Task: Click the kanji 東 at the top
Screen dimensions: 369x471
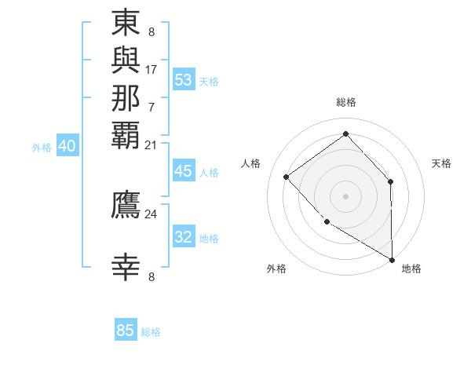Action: pyautogui.click(x=126, y=23)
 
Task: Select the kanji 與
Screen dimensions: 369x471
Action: pyautogui.click(x=126, y=60)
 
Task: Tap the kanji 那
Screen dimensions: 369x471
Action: pyautogui.click(x=126, y=97)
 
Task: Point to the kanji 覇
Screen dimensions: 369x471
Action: pyautogui.click(x=126, y=135)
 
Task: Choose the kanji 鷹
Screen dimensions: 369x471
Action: pyautogui.click(x=126, y=204)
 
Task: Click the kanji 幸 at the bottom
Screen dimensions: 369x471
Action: pyautogui.click(x=126, y=267)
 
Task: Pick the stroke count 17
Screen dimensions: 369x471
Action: pyautogui.click(x=152, y=69)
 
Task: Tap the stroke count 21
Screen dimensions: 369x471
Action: pyautogui.click(x=152, y=144)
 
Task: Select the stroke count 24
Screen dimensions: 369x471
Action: pyautogui.click(x=152, y=214)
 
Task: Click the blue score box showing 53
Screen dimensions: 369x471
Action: pyautogui.click(x=184, y=80)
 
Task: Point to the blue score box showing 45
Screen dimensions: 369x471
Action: pyautogui.click(x=184, y=172)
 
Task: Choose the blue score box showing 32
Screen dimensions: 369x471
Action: pyautogui.click(x=184, y=238)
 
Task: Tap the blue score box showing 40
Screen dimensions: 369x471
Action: pyautogui.click(x=67, y=146)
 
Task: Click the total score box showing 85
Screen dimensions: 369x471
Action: pyautogui.click(x=126, y=331)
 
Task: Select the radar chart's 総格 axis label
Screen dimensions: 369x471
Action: pyautogui.click(x=345, y=102)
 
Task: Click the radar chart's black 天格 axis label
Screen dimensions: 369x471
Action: pyautogui.click(x=442, y=163)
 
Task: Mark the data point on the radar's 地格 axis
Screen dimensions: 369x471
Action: pyautogui.click(x=392, y=259)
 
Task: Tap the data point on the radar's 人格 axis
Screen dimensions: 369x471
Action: pyautogui.click(x=287, y=177)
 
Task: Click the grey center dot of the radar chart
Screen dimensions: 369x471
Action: pyautogui.click(x=345, y=195)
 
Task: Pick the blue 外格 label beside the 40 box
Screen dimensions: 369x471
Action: pyautogui.click(x=42, y=147)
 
